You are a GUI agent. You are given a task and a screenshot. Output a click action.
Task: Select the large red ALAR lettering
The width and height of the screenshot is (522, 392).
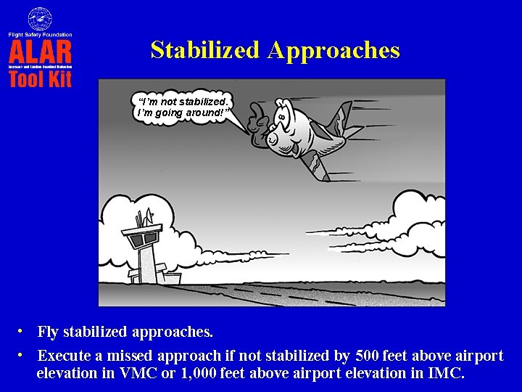pyautogui.click(x=40, y=51)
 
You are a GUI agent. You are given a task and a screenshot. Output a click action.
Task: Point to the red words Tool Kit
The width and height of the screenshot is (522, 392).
pyautogui.click(x=40, y=78)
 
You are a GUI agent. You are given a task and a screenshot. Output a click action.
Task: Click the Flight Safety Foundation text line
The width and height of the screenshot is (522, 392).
pyautogui.click(x=40, y=34)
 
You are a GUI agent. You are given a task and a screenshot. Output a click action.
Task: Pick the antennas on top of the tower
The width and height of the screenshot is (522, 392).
pyautogui.click(x=143, y=216)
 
